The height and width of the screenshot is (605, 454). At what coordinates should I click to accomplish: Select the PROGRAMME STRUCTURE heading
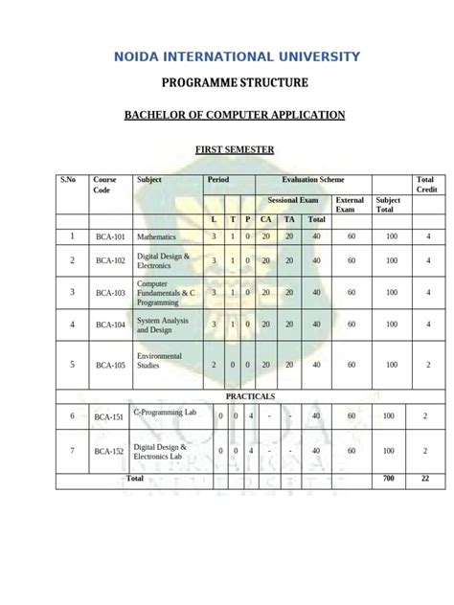[x=227, y=83]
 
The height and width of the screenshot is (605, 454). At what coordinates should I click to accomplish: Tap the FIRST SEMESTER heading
[x=235, y=149]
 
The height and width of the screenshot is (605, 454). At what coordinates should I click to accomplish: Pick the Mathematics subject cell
[x=156, y=235]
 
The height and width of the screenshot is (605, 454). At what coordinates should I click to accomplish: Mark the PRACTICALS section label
[x=250, y=395]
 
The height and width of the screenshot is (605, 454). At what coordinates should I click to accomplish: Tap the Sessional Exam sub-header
[x=293, y=201]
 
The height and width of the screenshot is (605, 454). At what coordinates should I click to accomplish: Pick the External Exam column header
[x=350, y=205]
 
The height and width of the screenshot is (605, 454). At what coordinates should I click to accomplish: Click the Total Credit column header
[x=425, y=185]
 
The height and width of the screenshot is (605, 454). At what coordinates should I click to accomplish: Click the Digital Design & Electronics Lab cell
[x=163, y=451]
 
